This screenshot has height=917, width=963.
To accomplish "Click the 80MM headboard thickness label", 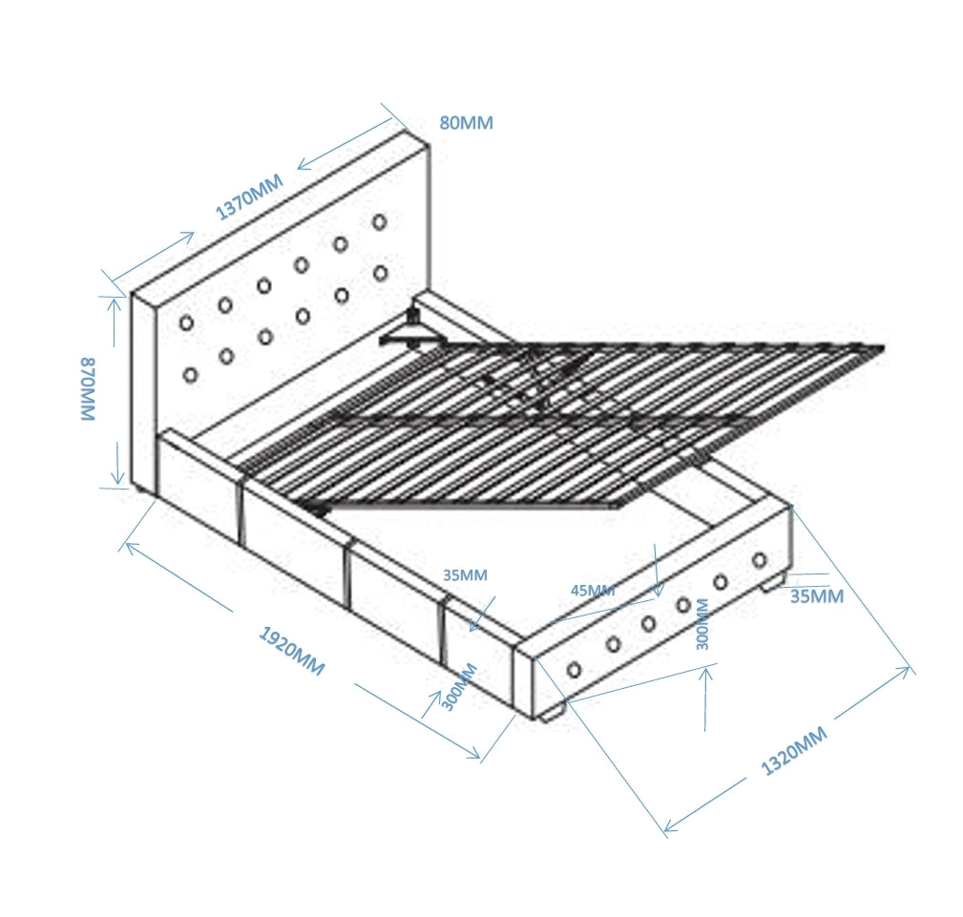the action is [x=466, y=123].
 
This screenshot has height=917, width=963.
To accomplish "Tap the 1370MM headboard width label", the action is [x=249, y=197].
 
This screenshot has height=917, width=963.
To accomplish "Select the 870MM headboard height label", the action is [x=88, y=389].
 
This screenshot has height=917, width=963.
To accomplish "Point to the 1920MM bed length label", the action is [x=292, y=651].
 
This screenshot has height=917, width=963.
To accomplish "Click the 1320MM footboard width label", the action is [x=794, y=751].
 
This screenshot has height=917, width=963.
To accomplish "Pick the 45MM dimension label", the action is [x=593, y=591].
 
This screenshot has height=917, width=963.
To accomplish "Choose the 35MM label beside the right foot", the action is [x=817, y=595].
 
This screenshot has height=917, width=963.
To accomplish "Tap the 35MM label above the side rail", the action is [x=465, y=575].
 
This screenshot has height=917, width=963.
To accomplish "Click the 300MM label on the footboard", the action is [x=702, y=624].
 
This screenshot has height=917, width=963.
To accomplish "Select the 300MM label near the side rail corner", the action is [x=459, y=687].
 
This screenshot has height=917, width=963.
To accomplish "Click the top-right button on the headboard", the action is [x=380, y=221].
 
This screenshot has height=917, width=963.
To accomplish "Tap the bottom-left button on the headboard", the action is [x=190, y=375].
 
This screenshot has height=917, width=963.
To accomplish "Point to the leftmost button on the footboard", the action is [x=575, y=670].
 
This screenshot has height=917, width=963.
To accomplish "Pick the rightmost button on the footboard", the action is [x=760, y=560].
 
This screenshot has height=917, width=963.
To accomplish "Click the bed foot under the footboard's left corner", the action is [x=551, y=715].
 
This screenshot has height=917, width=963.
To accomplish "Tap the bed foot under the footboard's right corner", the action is [x=773, y=583].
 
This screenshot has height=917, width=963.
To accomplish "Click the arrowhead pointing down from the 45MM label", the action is [x=659, y=591].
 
